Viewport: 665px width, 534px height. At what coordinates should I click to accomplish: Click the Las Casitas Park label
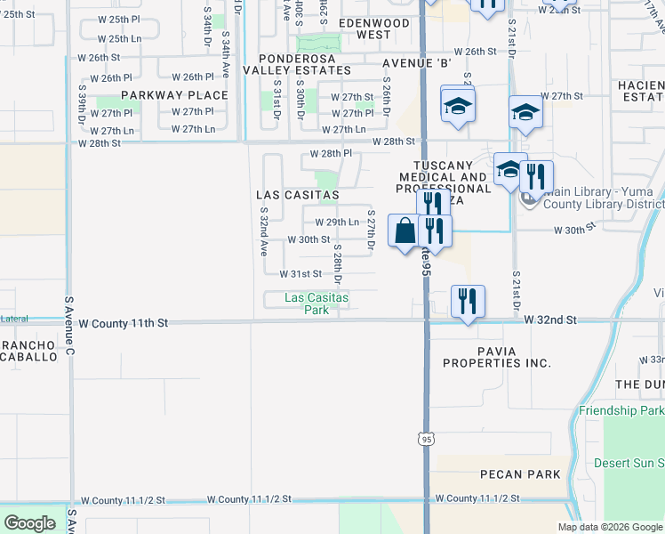[x=305, y=303]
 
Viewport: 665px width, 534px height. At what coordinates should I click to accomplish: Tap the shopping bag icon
[x=405, y=231]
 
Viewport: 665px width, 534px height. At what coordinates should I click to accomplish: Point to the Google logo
[x=30, y=523]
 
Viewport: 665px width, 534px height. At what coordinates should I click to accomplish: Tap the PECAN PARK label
[x=519, y=474]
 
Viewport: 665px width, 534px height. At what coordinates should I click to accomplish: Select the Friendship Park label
[x=621, y=410]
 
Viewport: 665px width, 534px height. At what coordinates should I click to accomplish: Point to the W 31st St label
[x=300, y=275]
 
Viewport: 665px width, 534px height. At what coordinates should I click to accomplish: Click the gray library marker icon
[x=527, y=199]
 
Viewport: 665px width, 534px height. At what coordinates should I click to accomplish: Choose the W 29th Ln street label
[x=337, y=222]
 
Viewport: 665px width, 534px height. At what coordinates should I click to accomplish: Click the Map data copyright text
[x=610, y=527]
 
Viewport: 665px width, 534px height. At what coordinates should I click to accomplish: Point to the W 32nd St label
[x=550, y=320]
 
